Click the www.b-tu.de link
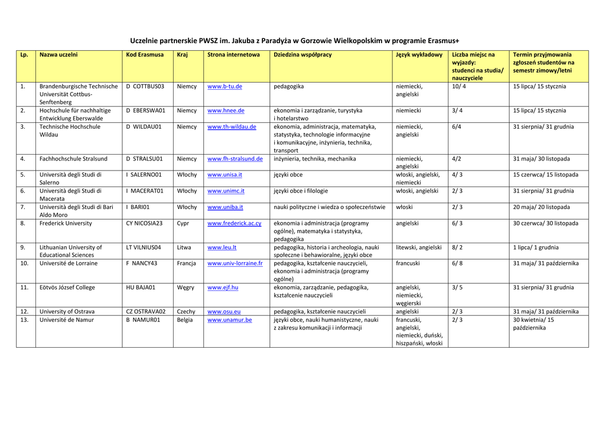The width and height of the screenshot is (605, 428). point(225,87)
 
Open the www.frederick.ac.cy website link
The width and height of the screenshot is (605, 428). point(234,224)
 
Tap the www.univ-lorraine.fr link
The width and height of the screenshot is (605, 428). point(235,263)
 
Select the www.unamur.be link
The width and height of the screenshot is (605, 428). point(229,320)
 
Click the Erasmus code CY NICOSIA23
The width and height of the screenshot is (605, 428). point(144,224)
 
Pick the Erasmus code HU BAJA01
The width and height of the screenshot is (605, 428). point(141,287)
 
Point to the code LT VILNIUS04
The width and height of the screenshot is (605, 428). point(143,248)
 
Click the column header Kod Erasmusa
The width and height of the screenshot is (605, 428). point(145,55)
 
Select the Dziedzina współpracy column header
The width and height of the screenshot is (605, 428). point(302,55)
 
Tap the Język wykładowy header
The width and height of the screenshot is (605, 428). point(419,55)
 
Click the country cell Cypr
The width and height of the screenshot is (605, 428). point(183,224)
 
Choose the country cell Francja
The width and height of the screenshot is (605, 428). point(186,263)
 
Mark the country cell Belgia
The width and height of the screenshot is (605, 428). point(185,320)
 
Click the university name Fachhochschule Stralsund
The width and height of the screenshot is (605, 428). point(73,159)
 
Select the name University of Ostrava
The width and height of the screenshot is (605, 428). point(67,312)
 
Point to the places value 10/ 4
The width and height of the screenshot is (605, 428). point(458,87)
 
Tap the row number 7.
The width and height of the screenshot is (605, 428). point(22,207)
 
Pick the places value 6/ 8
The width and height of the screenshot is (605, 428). point(457,263)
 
